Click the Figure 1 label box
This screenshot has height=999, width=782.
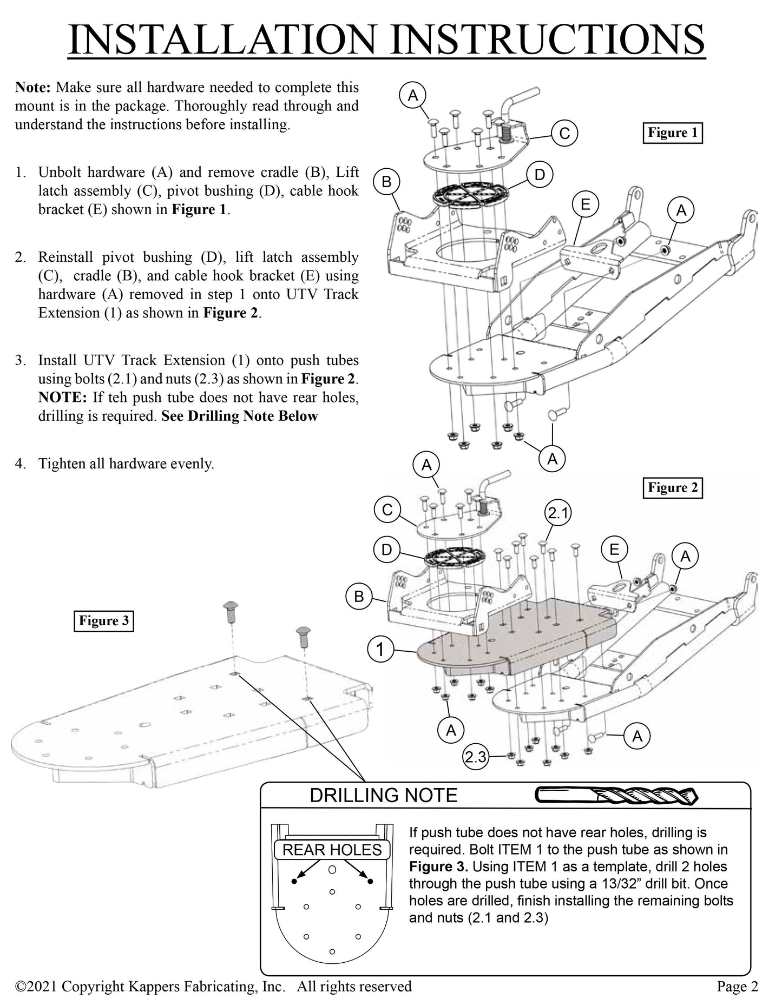672,133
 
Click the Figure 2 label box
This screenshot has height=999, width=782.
673,487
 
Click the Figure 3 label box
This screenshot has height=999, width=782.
104,620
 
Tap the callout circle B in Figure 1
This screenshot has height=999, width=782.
386,182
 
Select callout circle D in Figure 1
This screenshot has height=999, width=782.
540,175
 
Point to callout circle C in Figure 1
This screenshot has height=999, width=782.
564,133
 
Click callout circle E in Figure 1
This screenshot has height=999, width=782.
585,204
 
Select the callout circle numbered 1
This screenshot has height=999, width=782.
380,650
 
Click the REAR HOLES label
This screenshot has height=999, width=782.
332,850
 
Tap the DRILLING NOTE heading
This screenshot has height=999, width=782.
383,795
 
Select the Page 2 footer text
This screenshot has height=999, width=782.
737,986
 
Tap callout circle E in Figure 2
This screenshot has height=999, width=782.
614,550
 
